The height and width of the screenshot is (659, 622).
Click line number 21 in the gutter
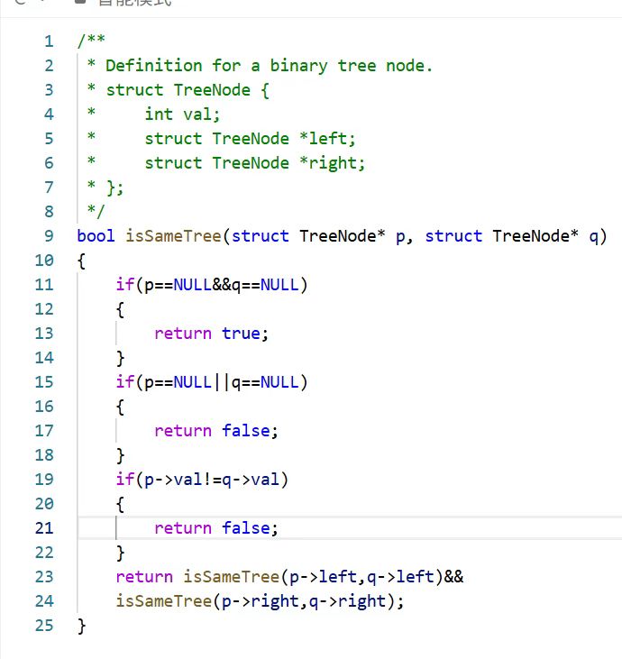click(x=44, y=528)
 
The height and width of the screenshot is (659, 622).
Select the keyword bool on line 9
click(x=96, y=236)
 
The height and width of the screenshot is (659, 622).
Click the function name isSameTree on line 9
click(x=173, y=236)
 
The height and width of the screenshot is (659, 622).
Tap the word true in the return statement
click(x=241, y=334)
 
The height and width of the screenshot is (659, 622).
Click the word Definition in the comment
click(x=154, y=66)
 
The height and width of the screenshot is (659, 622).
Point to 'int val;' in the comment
click(x=182, y=114)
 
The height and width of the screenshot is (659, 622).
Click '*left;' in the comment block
click(x=327, y=139)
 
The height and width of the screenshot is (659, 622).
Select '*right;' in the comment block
click(x=333, y=163)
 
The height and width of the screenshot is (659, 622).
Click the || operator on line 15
click(x=222, y=382)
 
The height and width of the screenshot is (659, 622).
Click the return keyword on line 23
click(x=144, y=577)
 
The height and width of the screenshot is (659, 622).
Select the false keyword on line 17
click(x=246, y=431)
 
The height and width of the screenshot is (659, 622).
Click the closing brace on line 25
click(x=82, y=626)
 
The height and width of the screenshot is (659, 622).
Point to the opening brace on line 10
click(x=82, y=261)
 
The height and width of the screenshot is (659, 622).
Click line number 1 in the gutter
click(x=49, y=41)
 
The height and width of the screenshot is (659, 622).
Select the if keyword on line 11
click(x=124, y=285)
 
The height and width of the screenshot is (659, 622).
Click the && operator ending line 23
click(x=453, y=577)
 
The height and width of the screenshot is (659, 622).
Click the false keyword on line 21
click(x=246, y=528)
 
